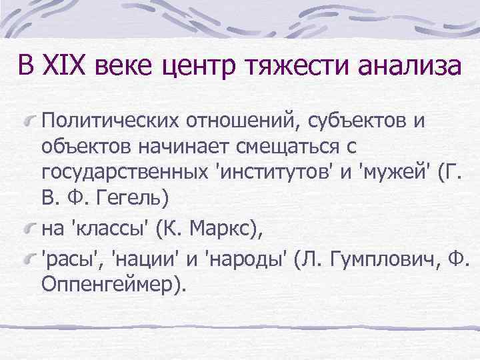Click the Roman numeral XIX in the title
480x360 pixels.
67,67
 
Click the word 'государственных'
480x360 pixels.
123,174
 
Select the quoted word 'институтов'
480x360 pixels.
274,174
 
